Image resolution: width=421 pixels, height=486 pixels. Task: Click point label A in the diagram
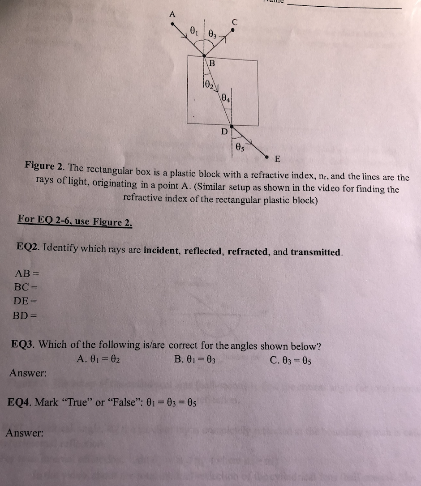coord(172,13)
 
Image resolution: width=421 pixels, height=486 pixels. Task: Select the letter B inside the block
coord(212,64)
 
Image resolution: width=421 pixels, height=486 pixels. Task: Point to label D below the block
coord(224,132)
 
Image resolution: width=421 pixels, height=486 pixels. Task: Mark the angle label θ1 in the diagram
coord(193,32)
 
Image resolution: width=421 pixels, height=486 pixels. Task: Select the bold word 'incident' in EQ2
coord(160,250)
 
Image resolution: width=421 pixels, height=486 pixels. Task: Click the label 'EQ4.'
coord(20,402)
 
